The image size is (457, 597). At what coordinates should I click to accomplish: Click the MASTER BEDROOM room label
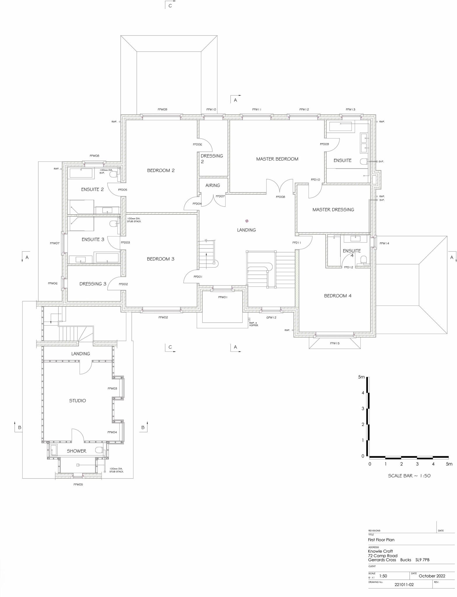click(x=277, y=159)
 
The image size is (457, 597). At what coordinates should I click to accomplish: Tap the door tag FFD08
click(x=280, y=197)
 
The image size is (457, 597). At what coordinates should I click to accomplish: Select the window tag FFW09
click(x=162, y=110)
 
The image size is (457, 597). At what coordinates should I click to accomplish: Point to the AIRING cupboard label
click(x=213, y=185)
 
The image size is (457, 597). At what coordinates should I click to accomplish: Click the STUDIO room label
click(x=78, y=401)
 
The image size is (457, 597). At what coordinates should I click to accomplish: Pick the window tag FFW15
click(x=335, y=343)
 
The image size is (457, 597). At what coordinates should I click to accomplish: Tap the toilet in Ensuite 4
click(x=363, y=259)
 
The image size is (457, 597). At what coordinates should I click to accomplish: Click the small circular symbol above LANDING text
click(x=247, y=221)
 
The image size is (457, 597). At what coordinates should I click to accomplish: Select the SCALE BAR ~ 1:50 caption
click(x=409, y=476)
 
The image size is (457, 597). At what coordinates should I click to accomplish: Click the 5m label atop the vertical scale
click(x=361, y=377)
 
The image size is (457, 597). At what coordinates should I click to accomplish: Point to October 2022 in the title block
click(x=432, y=576)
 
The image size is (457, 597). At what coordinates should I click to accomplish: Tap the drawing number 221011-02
click(x=404, y=584)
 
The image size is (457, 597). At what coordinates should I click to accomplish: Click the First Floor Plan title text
click(x=381, y=540)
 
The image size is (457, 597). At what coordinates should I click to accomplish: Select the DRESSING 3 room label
click(x=93, y=284)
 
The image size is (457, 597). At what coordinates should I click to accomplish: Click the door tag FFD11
click(x=297, y=243)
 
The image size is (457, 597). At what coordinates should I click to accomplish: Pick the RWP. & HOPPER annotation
click(x=253, y=324)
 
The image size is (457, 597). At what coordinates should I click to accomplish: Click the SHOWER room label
click(x=76, y=451)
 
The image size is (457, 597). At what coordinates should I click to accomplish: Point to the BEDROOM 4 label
click(x=337, y=296)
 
